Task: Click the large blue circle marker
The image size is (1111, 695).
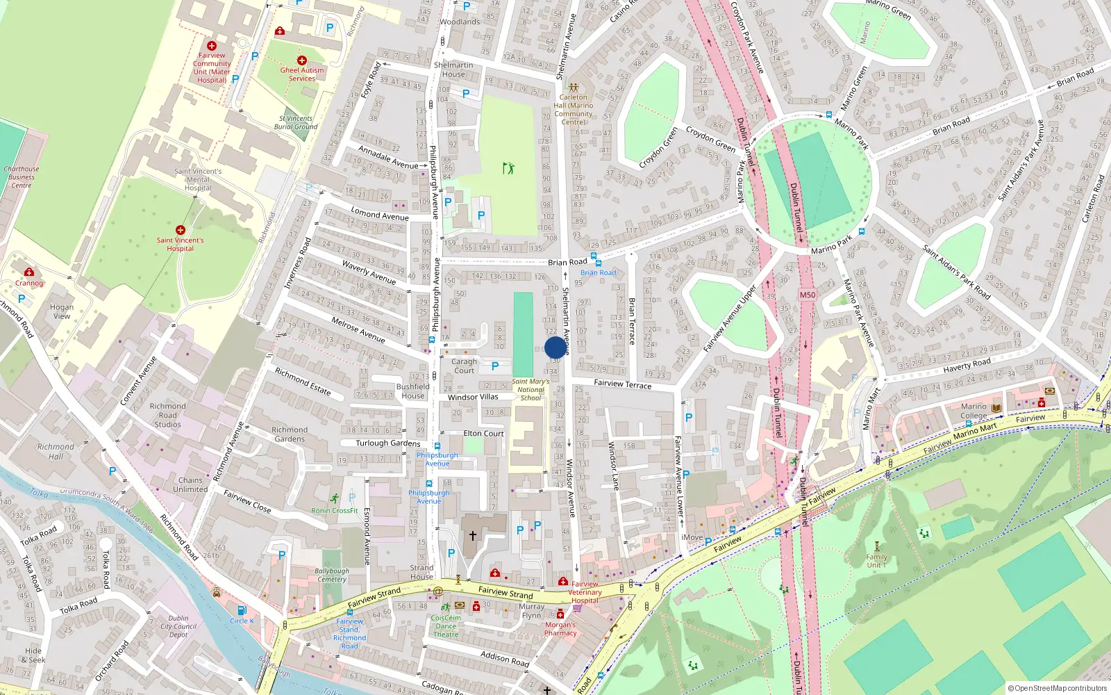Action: tap(555, 347)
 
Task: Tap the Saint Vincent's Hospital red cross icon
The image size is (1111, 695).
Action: tap(181, 230)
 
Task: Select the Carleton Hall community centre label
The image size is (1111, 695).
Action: tap(574, 109)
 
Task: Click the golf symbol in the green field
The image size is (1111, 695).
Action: tap(508, 168)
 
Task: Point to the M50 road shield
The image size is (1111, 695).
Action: tap(807, 295)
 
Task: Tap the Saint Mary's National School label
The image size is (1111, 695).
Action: tap(531, 390)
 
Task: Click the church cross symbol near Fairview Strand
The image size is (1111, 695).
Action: tap(473, 536)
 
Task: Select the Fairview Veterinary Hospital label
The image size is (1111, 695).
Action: tap(585, 592)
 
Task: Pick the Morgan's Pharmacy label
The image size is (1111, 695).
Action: tap(560, 629)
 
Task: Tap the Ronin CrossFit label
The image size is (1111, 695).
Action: tap(335, 511)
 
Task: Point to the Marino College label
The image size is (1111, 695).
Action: tap(974, 411)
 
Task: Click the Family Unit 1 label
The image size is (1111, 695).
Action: tap(876, 561)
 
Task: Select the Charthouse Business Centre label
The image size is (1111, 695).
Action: tap(22, 177)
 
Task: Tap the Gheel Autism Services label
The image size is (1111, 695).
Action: tap(302, 74)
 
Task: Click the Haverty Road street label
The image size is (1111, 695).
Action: tap(967, 364)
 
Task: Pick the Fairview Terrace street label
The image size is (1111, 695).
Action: tap(623, 384)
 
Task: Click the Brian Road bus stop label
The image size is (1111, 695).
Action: tap(598, 272)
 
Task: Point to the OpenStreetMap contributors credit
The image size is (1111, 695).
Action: tap(1058, 688)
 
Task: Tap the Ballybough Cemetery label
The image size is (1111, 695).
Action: tap(332, 575)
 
